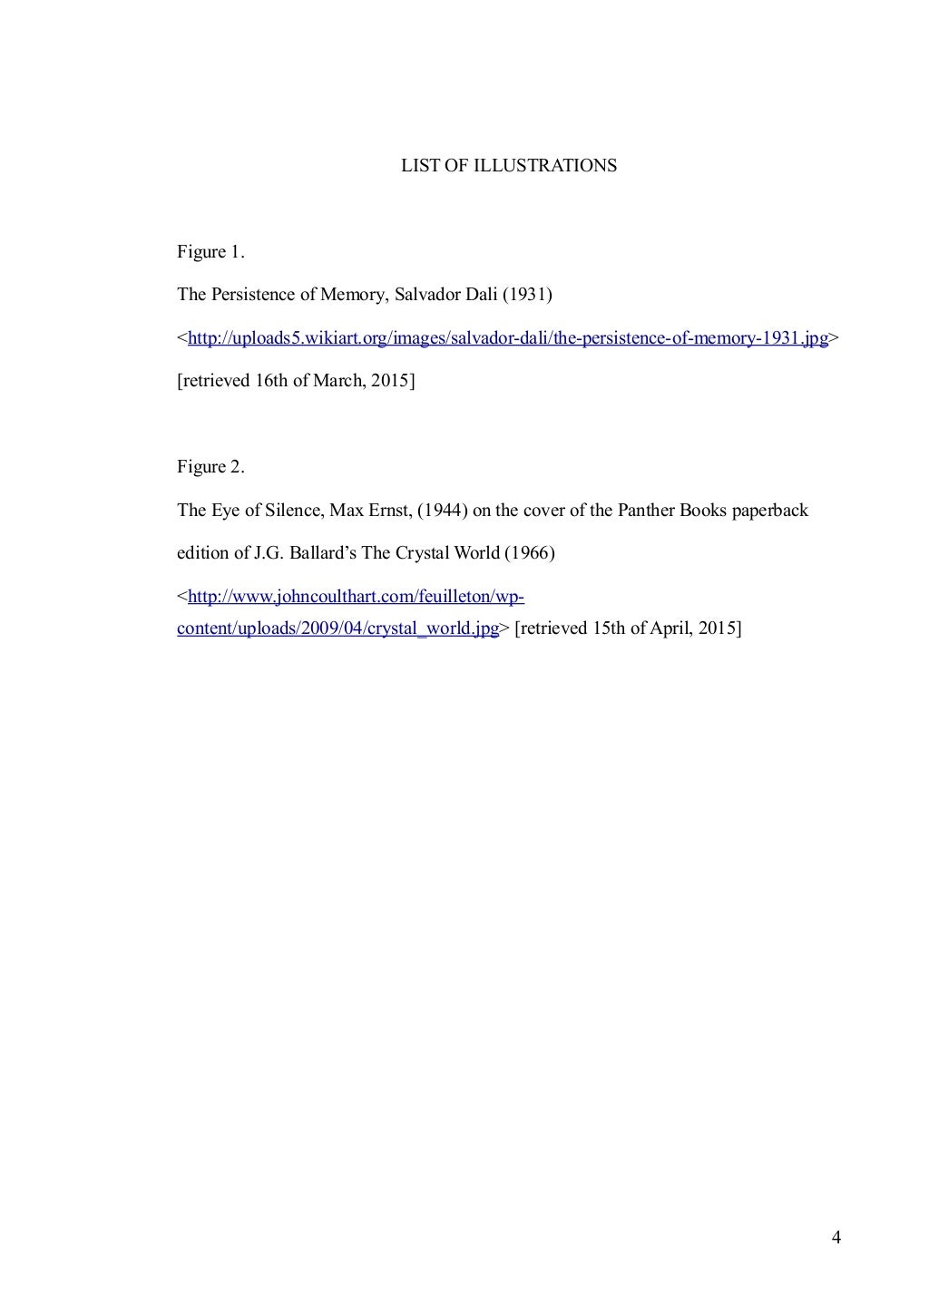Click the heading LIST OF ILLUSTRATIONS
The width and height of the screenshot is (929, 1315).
pos(509,166)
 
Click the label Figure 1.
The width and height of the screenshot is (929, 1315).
pos(210,252)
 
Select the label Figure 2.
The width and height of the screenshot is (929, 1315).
pos(210,467)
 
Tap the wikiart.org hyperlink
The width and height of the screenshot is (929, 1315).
pos(507,338)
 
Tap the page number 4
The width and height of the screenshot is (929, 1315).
pos(836,1238)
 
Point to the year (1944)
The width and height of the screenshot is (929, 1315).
pos(442,511)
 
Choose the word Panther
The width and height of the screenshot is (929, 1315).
pos(646,511)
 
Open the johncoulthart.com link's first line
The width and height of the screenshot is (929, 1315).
pos(356,597)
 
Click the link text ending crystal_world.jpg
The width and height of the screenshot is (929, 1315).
pos(337,628)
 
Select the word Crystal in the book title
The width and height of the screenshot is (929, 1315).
pos(421,553)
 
